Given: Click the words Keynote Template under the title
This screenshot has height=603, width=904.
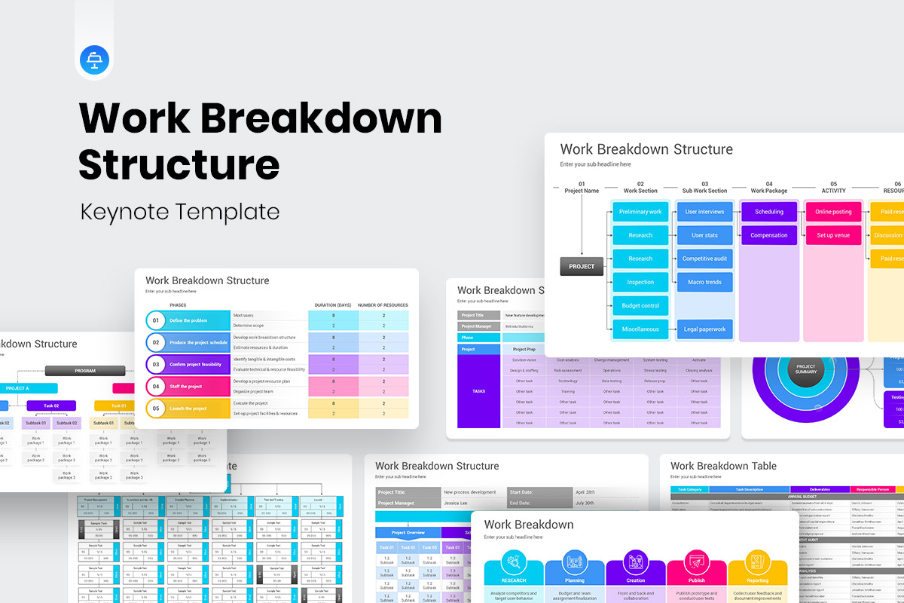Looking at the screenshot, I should point(180,210).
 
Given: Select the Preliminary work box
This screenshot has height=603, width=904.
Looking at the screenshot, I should point(640,212).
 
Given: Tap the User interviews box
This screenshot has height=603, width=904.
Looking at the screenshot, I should point(704,212).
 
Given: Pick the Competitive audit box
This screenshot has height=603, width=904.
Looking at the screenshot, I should point(704,259).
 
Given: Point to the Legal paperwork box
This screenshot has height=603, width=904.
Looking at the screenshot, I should point(704,329).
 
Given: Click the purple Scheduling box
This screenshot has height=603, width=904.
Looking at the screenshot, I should point(768,212).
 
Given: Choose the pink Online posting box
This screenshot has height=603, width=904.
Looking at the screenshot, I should point(833,212).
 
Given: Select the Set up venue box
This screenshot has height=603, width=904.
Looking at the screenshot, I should point(833,235).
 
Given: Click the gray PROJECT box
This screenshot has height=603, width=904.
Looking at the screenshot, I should point(582,266).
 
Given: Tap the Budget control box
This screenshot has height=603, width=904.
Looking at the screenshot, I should point(640,306).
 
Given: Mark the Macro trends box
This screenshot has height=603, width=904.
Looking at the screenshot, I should point(704,283).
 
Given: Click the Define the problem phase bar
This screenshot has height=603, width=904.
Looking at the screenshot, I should point(197,320).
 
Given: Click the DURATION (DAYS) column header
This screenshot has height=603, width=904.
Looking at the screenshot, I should point(333,305).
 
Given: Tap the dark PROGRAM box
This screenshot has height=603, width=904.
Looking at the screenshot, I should point(84,371).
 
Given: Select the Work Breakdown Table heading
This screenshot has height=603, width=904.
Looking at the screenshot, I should point(723,466).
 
